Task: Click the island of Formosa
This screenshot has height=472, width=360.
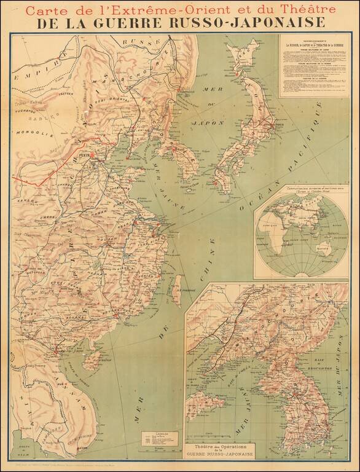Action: pos(176,295)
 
